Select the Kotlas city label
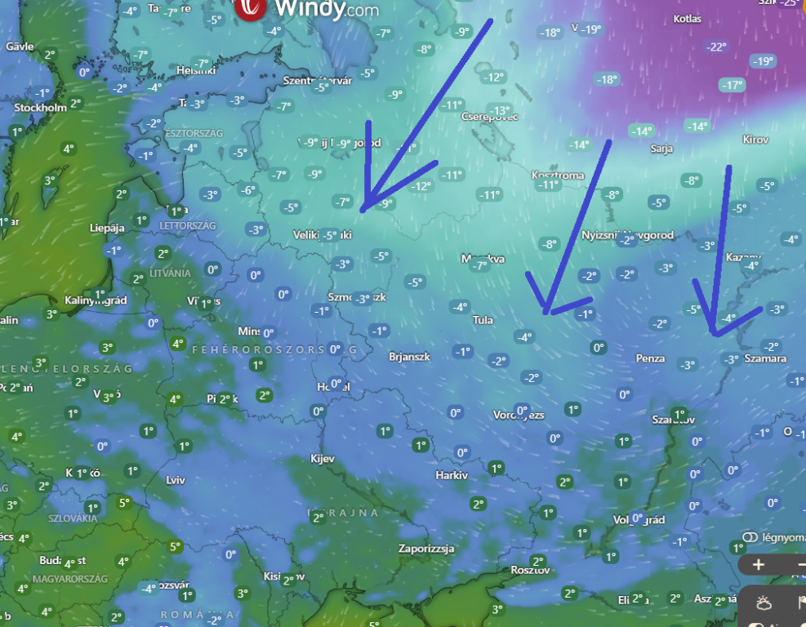(x=688, y=19)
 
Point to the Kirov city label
(x=755, y=140)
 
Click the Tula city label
(x=483, y=320)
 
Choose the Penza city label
(x=650, y=358)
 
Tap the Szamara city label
(x=766, y=358)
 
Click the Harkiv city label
(x=452, y=475)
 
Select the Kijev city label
(x=323, y=459)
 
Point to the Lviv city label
(x=176, y=480)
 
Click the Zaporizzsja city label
(x=426, y=549)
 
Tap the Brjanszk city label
(x=407, y=357)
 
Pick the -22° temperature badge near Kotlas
(x=716, y=47)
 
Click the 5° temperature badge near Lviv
(x=123, y=502)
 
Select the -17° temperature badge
(x=731, y=85)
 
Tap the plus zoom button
(x=759, y=564)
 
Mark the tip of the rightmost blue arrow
(x=715, y=334)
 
